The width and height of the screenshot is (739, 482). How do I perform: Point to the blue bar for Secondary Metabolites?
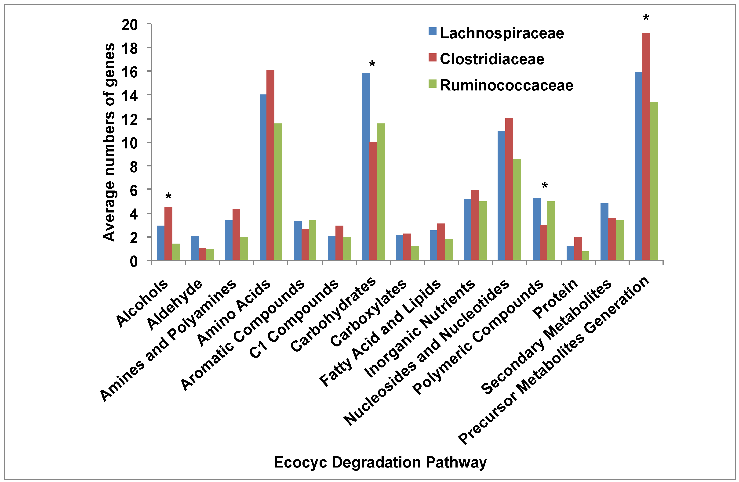pos(604,231)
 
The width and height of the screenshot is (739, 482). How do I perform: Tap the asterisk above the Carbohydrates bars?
pos(372,65)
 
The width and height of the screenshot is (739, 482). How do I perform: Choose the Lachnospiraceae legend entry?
pos(502,33)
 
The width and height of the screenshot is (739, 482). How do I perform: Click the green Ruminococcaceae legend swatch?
pos(433,84)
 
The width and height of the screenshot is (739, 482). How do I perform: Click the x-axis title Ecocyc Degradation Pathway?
pos(380,462)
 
